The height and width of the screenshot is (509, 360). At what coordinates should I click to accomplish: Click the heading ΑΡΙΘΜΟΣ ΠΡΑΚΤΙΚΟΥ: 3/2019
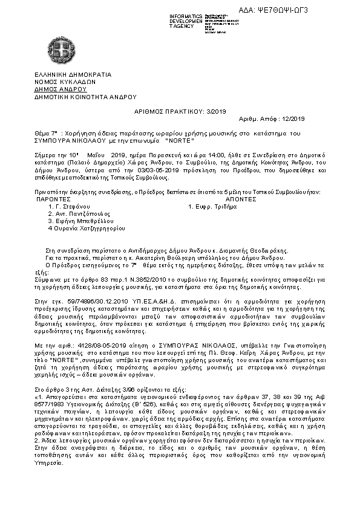(180, 112)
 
